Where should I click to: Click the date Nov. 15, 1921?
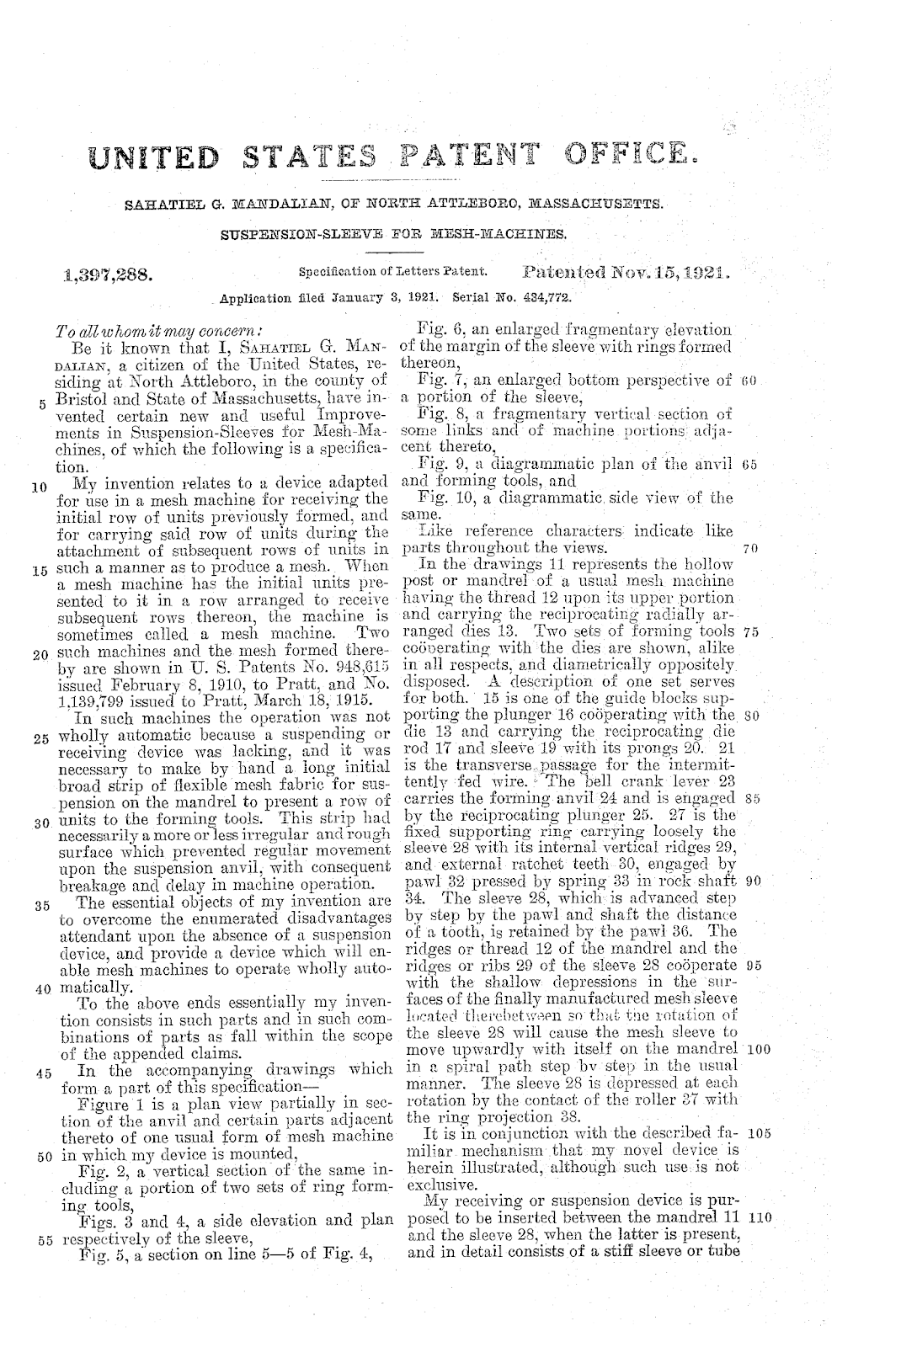[671, 273]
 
